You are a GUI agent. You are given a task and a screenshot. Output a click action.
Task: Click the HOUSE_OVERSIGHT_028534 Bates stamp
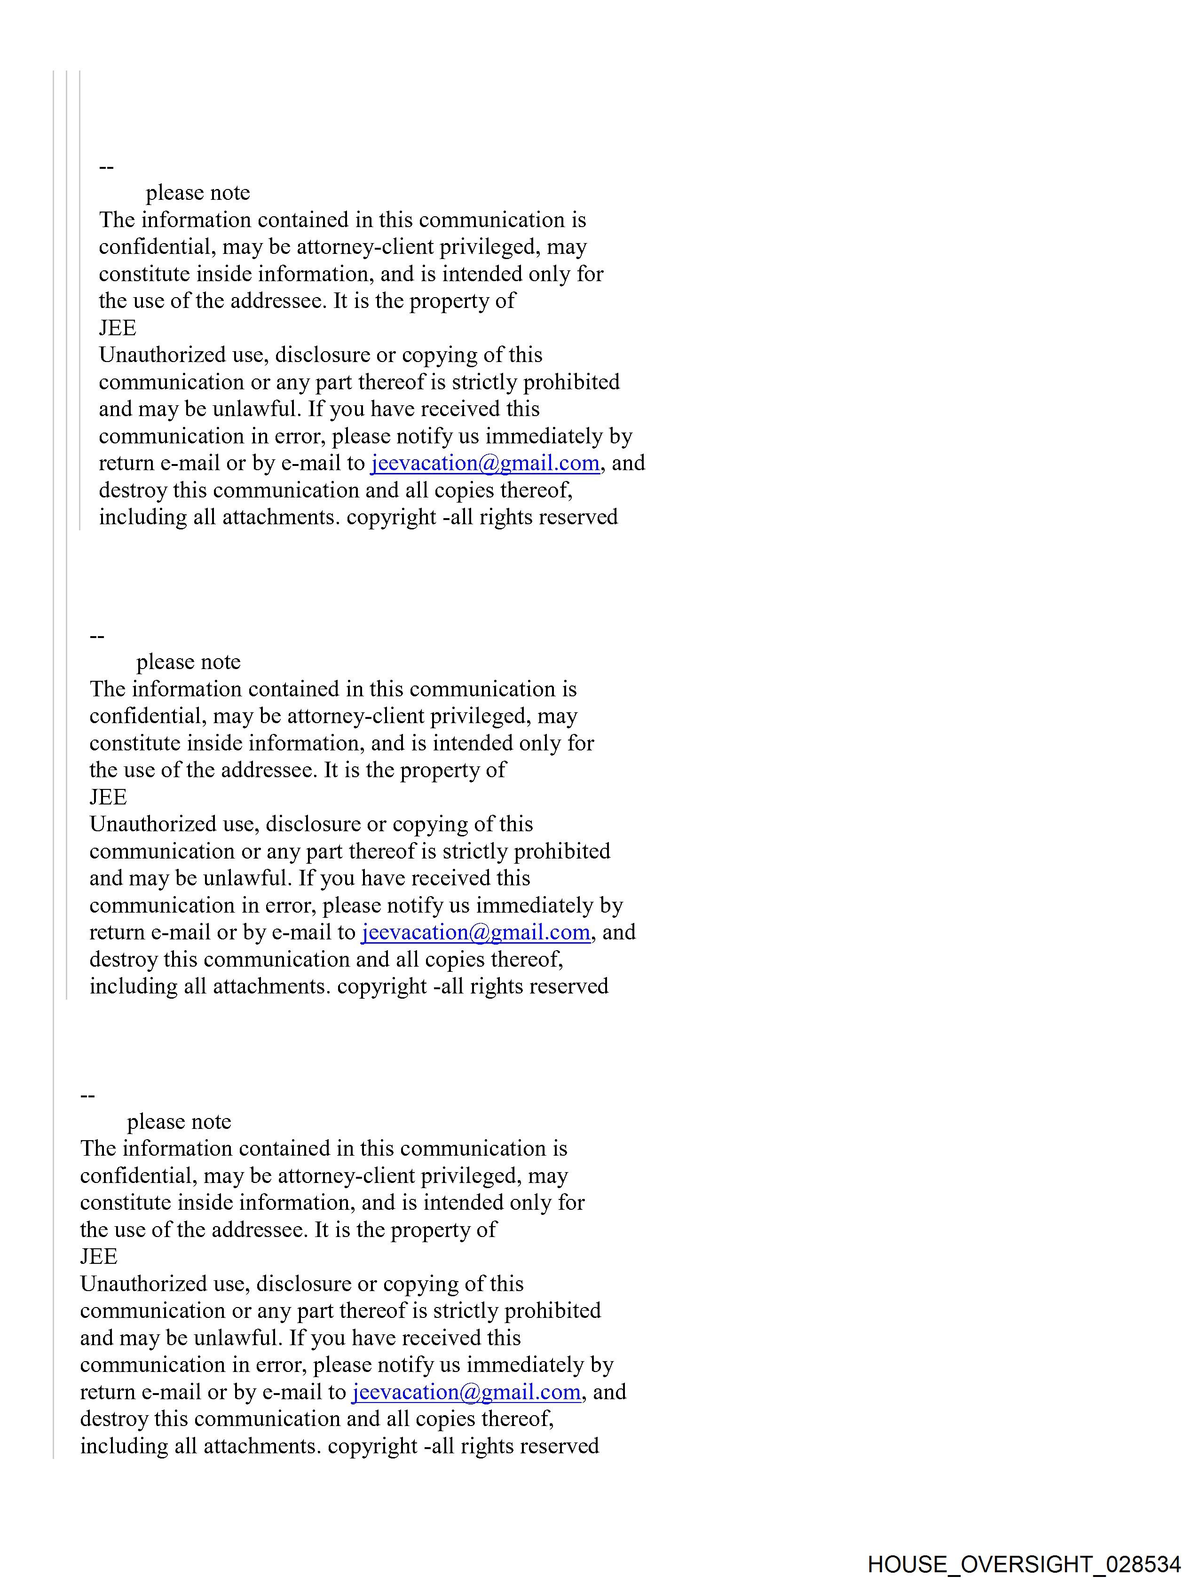point(1024,1563)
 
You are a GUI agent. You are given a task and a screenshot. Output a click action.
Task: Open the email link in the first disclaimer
point(485,463)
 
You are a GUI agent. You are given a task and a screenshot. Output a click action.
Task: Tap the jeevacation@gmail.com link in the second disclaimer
point(475,932)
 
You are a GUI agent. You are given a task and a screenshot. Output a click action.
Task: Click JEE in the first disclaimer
point(118,328)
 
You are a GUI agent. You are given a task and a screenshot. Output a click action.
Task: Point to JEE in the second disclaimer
point(108,797)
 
